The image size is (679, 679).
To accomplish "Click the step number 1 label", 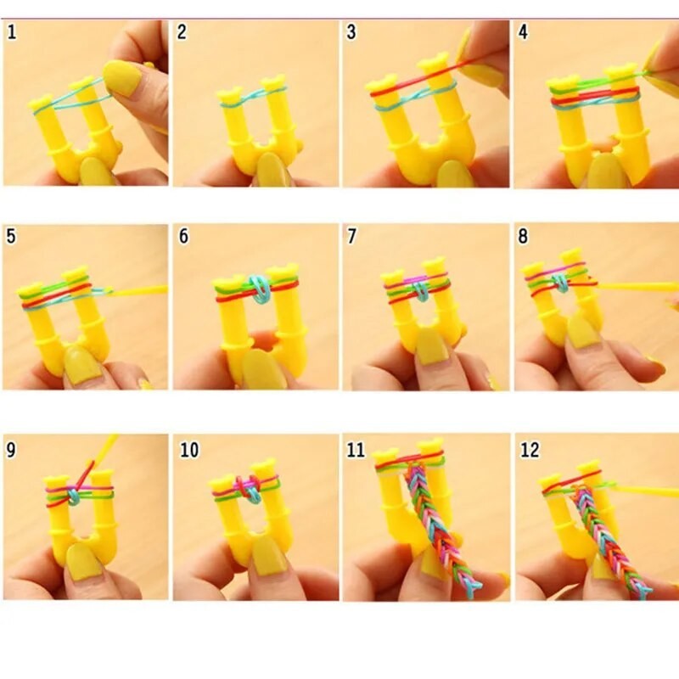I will point(13,33).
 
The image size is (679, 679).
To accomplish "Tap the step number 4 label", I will point(524,33).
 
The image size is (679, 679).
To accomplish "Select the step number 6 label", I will point(183,237).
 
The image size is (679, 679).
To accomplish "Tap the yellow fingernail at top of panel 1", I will point(122,77).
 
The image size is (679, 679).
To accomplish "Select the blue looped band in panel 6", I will point(258,288).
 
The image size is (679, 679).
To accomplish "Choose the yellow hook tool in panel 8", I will point(637,286).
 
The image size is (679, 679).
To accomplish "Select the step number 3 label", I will point(351,33).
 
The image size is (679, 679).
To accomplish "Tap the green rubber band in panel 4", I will point(594,82).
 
